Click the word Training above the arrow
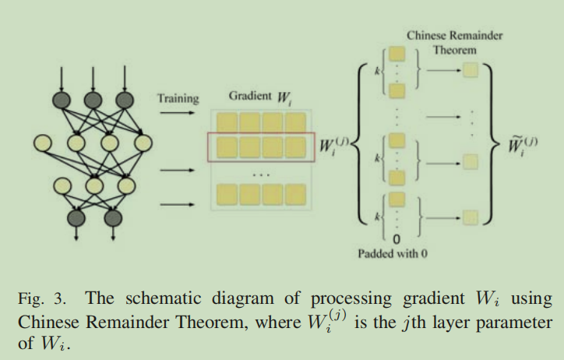[x=178, y=99]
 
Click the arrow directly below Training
[x=178, y=113]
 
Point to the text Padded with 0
[x=393, y=254]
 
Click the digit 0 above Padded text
[x=397, y=238]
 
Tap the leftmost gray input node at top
[x=62, y=101]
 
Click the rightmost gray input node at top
[x=123, y=101]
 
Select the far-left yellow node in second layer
[x=44, y=143]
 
